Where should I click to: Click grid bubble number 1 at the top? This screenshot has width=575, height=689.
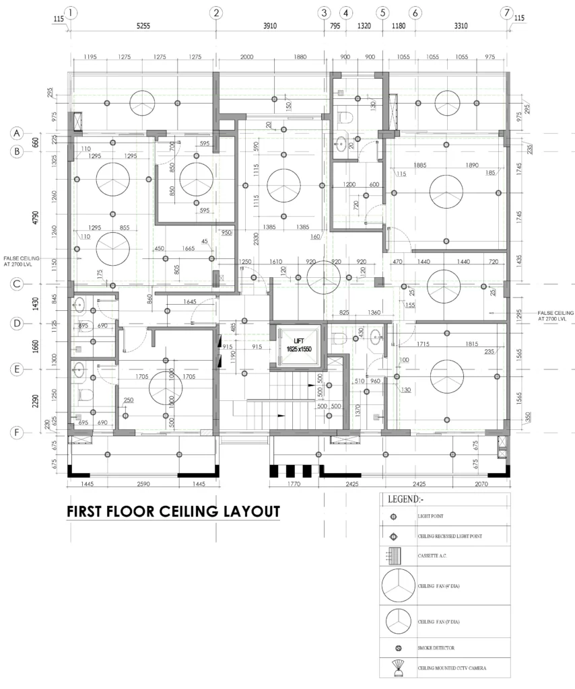tap(71, 13)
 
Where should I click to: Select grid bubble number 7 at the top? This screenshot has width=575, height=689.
tap(506, 13)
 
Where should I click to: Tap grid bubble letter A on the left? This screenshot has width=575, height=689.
tap(18, 133)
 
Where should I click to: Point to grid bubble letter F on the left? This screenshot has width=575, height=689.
tap(18, 433)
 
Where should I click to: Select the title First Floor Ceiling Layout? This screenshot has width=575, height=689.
tap(173, 511)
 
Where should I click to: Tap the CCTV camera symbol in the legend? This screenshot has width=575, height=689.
tap(397, 668)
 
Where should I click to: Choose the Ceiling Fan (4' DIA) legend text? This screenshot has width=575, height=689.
tap(442, 586)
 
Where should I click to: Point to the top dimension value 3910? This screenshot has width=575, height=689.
tap(269, 27)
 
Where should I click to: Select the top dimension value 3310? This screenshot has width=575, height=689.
tap(461, 27)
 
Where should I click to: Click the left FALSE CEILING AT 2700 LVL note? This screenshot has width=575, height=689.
tap(22, 261)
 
